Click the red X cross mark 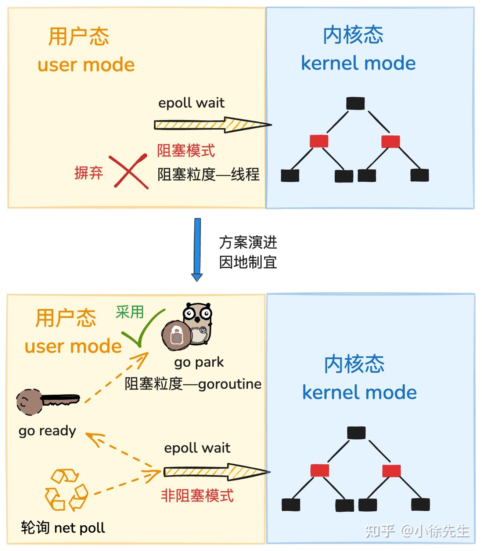129,172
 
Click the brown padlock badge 176,335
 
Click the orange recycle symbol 66,490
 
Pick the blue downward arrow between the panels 197,250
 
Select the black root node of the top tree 355,104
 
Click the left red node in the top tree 319,141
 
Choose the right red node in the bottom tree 391,471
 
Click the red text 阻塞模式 186,151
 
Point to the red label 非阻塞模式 197,496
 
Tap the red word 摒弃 89,173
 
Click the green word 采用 129,312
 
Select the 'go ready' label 47,431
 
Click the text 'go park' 199,362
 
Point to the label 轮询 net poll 63,528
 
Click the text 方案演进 248,243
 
